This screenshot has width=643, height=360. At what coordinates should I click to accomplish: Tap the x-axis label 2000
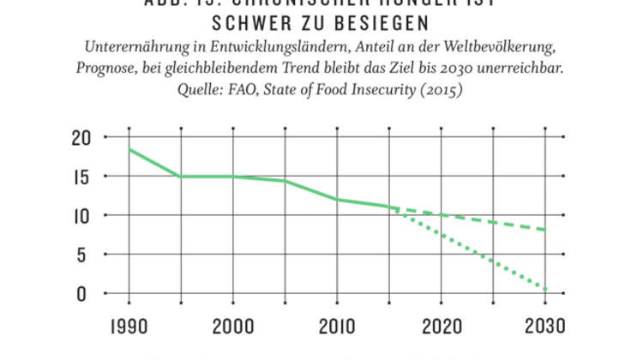pyautogui.click(x=232, y=327)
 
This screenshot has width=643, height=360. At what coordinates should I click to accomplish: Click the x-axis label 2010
pyautogui.click(x=337, y=327)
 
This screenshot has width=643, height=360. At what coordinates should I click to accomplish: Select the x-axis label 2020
pyautogui.click(x=442, y=327)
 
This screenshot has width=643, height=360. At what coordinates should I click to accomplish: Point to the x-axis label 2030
pyautogui.click(x=546, y=327)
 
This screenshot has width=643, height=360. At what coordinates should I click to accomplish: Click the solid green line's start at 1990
pyautogui.click(x=129, y=149)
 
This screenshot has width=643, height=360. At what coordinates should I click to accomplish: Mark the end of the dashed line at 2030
pyautogui.click(x=546, y=230)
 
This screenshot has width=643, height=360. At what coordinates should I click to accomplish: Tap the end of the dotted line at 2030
pyautogui.click(x=546, y=291)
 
